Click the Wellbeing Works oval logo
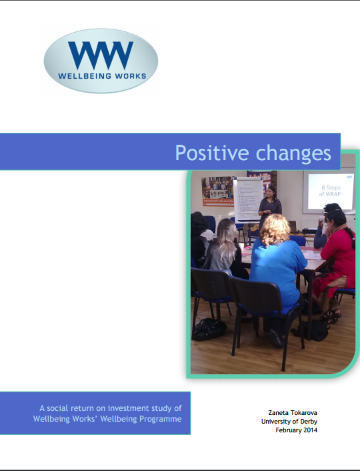tap(101, 61)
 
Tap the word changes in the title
tap(294, 153)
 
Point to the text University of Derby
tap(289, 421)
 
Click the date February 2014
tap(297, 430)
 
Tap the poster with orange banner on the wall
tap(217, 191)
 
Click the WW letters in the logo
tap(101, 54)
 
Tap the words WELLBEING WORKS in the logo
tap(101, 76)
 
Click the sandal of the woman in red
tap(331, 313)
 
